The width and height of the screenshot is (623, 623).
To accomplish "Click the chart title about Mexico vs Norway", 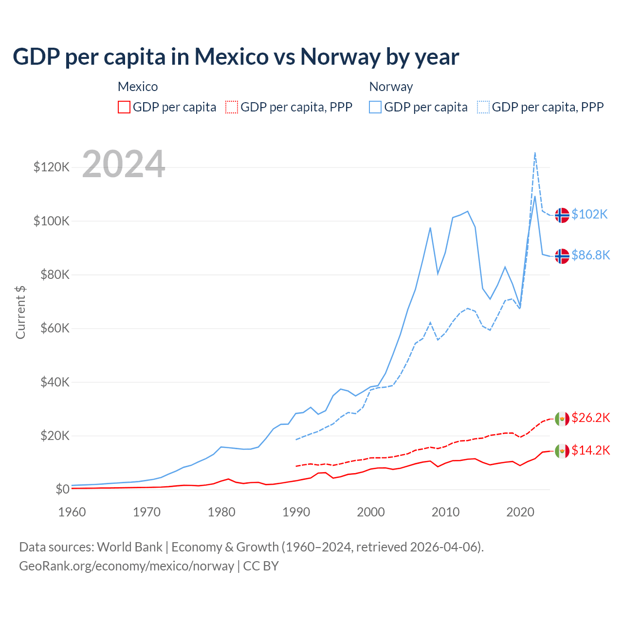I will tap(236, 57).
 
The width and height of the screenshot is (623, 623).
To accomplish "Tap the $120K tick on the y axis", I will tap(52, 167).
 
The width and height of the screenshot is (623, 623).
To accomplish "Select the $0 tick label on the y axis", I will tap(62, 489).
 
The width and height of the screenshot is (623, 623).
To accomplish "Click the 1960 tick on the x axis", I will tap(72, 512).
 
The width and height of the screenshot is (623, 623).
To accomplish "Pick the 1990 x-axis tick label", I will tap(296, 512).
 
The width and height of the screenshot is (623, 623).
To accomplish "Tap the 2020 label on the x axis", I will tap(520, 512).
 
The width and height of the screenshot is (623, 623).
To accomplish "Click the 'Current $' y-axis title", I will tap(20, 312).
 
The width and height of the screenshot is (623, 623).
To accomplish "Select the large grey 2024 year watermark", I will tap(124, 165).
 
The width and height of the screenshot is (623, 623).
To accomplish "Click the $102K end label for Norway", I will tap(589, 215).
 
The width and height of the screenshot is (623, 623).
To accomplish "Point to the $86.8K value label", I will tap(590, 256).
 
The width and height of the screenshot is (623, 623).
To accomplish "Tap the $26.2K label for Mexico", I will tap(590, 418).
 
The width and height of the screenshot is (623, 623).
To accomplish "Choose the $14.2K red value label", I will tap(590, 451).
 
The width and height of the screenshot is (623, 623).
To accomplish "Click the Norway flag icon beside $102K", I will tap(562, 215).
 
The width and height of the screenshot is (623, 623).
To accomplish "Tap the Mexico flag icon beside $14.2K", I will tap(562, 451).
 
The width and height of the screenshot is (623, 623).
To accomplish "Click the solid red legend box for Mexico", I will tap(124, 107).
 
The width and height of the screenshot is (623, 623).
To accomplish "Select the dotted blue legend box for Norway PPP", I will tap(483, 107).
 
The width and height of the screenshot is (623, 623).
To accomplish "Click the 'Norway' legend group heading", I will tap(391, 87).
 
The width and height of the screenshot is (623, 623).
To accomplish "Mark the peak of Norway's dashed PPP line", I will tap(535, 153).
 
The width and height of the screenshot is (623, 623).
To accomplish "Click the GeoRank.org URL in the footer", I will tap(127, 566).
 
